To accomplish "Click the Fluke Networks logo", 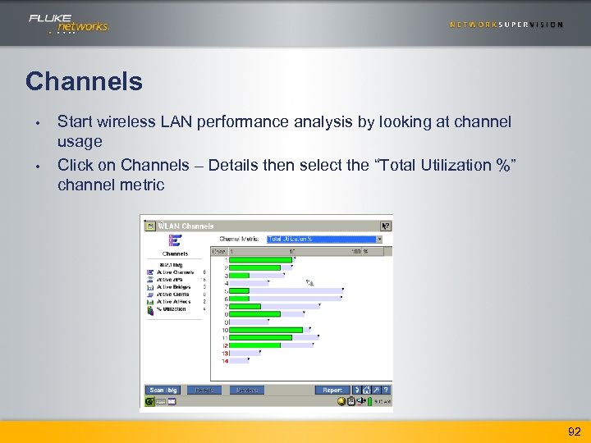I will point(69,23).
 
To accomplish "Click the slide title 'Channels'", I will point(84,81).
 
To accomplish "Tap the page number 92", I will point(572,431).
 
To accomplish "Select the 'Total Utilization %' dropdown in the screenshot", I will point(325,239).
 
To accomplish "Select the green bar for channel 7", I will point(245,306).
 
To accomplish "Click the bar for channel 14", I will point(239,360).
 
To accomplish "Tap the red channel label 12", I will point(225,345).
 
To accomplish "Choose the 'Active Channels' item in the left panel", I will point(171,272).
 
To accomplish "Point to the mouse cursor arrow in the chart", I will point(309,283).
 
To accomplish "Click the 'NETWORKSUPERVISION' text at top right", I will point(506,25).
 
